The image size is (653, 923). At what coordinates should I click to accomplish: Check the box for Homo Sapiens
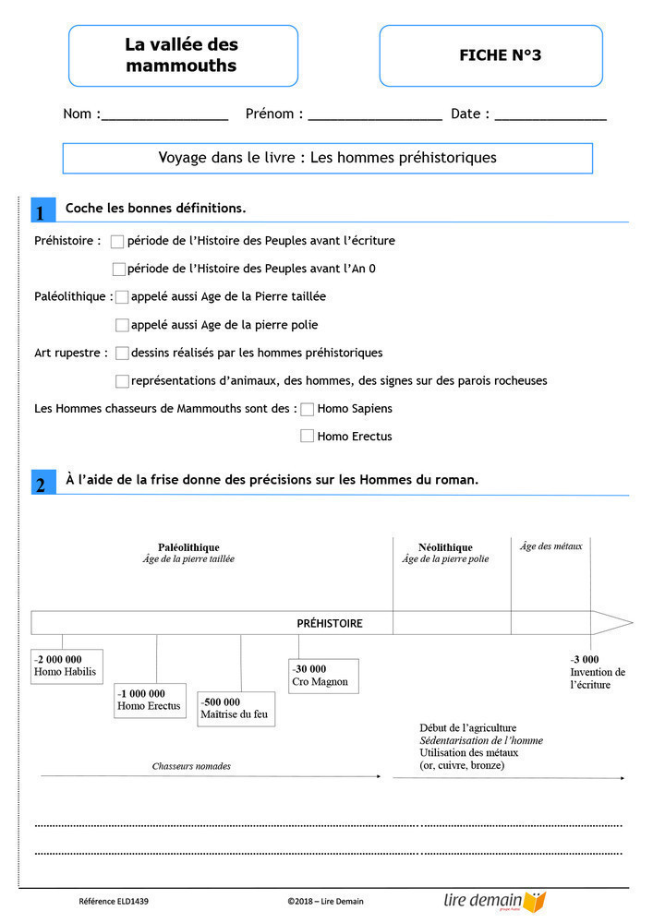pyautogui.click(x=308, y=409)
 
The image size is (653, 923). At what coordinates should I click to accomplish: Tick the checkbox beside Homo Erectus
pyautogui.click(x=308, y=437)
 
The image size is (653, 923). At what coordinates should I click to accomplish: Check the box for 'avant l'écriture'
pyautogui.click(x=117, y=242)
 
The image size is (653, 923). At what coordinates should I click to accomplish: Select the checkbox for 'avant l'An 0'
pyautogui.click(x=118, y=270)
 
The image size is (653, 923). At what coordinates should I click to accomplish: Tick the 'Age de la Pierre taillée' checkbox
pyautogui.click(x=122, y=297)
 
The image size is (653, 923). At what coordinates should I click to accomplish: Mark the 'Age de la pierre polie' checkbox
pyautogui.click(x=122, y=325)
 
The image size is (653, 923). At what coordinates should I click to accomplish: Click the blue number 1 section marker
pyautogui.click(x=42, y=211)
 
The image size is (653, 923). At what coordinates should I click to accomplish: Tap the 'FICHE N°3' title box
pyautogui.click(x=490, y=55)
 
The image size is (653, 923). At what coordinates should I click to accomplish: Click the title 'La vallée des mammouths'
pyautogui.click(x=182, y=55)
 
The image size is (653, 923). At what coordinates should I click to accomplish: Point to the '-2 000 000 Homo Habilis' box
pyautogui.click(x=65, y=665)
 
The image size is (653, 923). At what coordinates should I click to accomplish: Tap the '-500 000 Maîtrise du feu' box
pyautogui.click(x=236, y=709)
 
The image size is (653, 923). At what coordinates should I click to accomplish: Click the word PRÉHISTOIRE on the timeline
pyautogui.click(x=330, y=623)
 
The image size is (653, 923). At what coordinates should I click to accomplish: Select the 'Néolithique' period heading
pyautogui.click(x=444, y=547)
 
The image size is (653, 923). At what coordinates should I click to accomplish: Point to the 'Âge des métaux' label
pyautogui.click(x=551, y=546)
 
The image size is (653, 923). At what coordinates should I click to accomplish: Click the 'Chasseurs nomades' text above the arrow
pyautogui.click(x=191, y=766)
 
